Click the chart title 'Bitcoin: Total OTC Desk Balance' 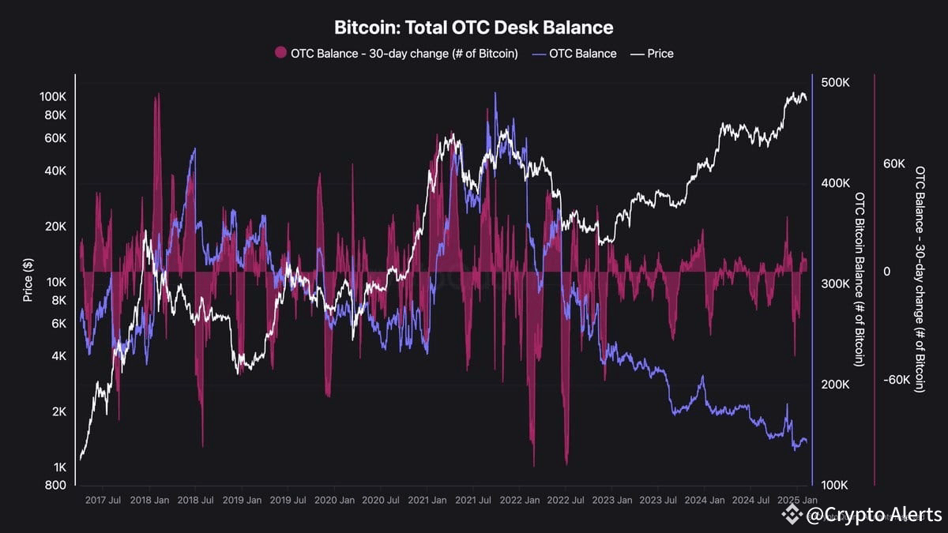(473, 28)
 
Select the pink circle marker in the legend (280, 54)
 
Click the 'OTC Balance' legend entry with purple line (575, 54)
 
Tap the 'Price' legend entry (652, 54)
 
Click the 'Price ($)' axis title (28, 280)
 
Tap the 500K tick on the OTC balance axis (835, 83)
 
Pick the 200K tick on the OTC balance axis (835, 385)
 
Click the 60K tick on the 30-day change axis (893, 164)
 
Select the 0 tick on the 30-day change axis (886, 272)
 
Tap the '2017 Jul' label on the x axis (103, 500)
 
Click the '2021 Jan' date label (428, 500)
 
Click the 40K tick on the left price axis (55, 171)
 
